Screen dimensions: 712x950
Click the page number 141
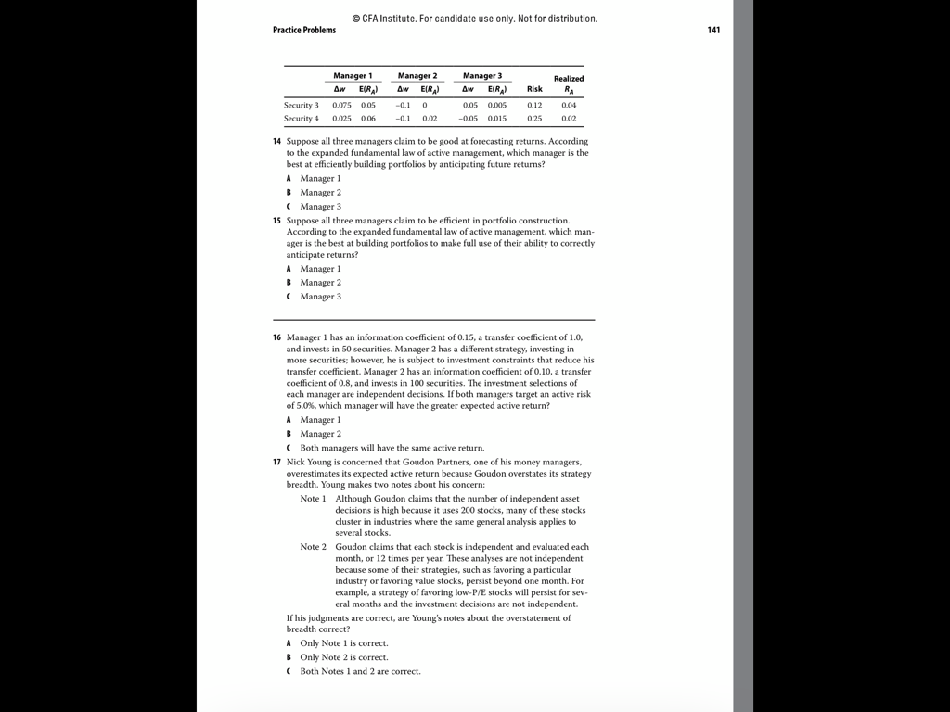[713, 31]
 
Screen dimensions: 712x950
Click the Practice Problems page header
[304, 31]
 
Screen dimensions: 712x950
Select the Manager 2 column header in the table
[417, 75]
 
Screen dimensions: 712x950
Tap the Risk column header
[534, 89]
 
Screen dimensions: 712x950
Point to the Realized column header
[569, 79]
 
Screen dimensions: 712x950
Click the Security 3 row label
[302, 105]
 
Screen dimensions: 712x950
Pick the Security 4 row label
[302, 119]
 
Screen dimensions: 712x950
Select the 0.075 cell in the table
[341, 105]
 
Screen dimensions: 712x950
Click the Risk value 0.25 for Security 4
[534, 119]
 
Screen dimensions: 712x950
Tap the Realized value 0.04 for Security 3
[569, 105]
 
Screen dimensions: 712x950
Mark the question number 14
[276, 141]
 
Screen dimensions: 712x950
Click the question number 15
[276, 221]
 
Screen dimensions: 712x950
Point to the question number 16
[276, 337]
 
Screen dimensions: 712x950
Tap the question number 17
[276, 462]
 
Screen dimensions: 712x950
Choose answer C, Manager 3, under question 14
[320, 207]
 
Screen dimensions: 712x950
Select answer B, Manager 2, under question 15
[320, 283]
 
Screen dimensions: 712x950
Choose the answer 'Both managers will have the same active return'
[392, 448]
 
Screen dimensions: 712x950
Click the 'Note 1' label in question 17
[313, 499]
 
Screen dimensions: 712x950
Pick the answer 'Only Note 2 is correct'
[343, 657]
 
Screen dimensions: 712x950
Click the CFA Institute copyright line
[474, 19]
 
